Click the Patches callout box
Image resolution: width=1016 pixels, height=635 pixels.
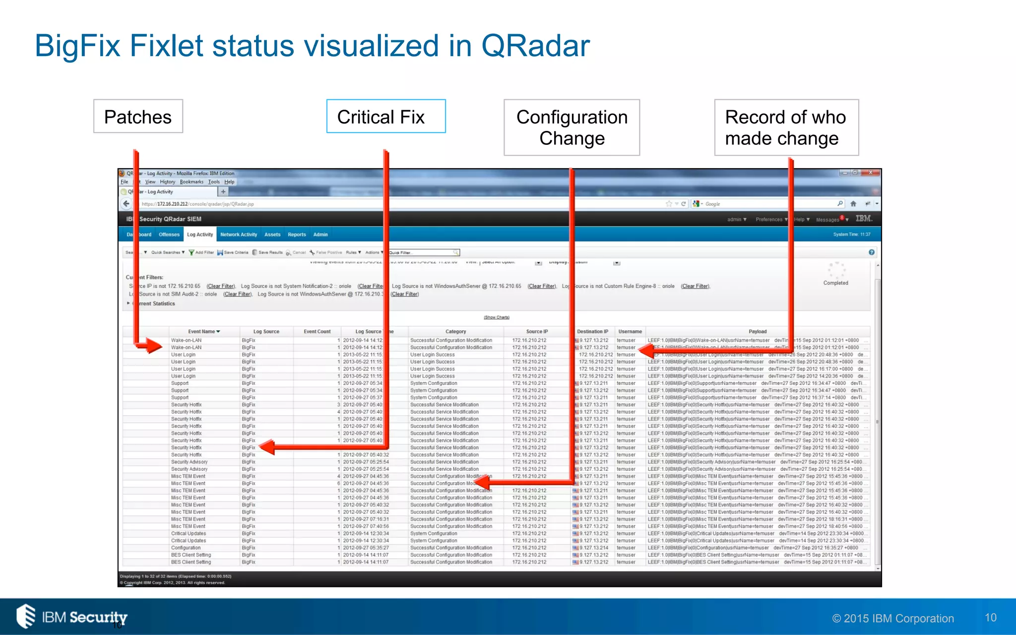tap(138, 117)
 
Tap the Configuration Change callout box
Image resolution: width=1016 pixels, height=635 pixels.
tap(571, 127)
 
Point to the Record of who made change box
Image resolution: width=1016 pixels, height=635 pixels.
tap(786, 127)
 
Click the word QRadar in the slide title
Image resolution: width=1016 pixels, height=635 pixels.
tap(535, 46)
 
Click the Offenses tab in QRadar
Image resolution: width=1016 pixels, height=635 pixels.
tap(169, 235)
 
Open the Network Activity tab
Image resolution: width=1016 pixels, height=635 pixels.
tap(239, 235)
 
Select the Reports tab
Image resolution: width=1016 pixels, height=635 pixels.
tap(297, 235)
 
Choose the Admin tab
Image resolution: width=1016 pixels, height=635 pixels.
tap(320, 235)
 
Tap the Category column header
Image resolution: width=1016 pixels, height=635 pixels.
tap(455, 331)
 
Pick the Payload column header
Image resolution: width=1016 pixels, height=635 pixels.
tap(758, 331)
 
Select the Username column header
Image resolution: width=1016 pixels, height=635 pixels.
tap(630, 331)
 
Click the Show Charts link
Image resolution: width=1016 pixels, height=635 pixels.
tap(497, 317)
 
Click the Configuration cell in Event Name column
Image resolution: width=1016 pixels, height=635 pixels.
tap(186, 548)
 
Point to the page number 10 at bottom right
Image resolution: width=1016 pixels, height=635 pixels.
tap(990, 618)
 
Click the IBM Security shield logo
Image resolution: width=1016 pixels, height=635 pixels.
tap(26, 616)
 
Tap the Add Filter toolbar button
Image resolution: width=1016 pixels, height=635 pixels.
tap(201, 253)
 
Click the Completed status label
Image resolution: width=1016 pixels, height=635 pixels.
tap(835, 283)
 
